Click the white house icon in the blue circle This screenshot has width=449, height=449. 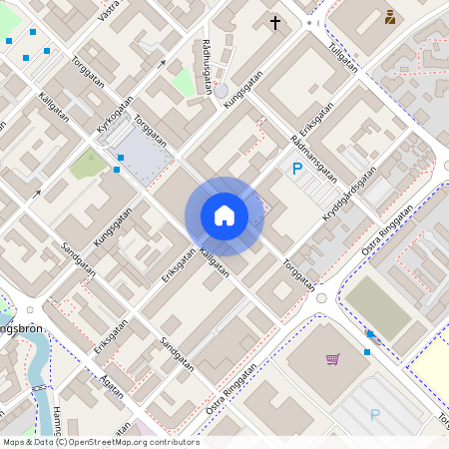point(224,216)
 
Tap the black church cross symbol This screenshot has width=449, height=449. point(275,21)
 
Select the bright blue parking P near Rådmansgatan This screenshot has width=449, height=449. point(296,170)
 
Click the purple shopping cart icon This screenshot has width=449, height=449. point(332,359)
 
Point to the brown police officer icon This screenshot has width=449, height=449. point(389,16)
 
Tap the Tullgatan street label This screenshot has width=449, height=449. point(342,60)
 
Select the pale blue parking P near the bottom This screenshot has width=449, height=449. point(375,415)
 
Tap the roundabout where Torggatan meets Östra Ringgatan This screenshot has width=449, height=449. point(321,297)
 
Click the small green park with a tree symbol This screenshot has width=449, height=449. point(88,164)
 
